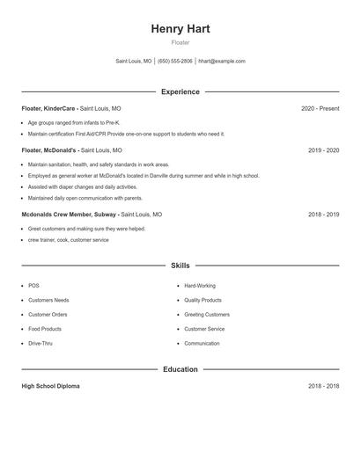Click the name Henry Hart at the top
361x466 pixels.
180,28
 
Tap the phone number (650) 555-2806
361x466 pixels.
175,62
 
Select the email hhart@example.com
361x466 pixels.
222,62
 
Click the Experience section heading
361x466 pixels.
180,91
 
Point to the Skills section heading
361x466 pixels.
180,265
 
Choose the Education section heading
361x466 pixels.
180,369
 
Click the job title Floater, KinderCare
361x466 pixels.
49,109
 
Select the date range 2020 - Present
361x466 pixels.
320,109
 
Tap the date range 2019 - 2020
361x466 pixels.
323,150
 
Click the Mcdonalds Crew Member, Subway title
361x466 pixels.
69,215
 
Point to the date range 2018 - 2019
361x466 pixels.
323,215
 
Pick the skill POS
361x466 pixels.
33,286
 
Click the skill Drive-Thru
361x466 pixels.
41,343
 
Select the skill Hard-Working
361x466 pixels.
200,286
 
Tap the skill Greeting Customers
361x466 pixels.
207,315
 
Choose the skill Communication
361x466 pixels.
203,343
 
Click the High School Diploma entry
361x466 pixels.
50,387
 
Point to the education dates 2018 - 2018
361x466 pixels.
323,387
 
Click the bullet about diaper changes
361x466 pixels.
83,186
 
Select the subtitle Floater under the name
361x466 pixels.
180,42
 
